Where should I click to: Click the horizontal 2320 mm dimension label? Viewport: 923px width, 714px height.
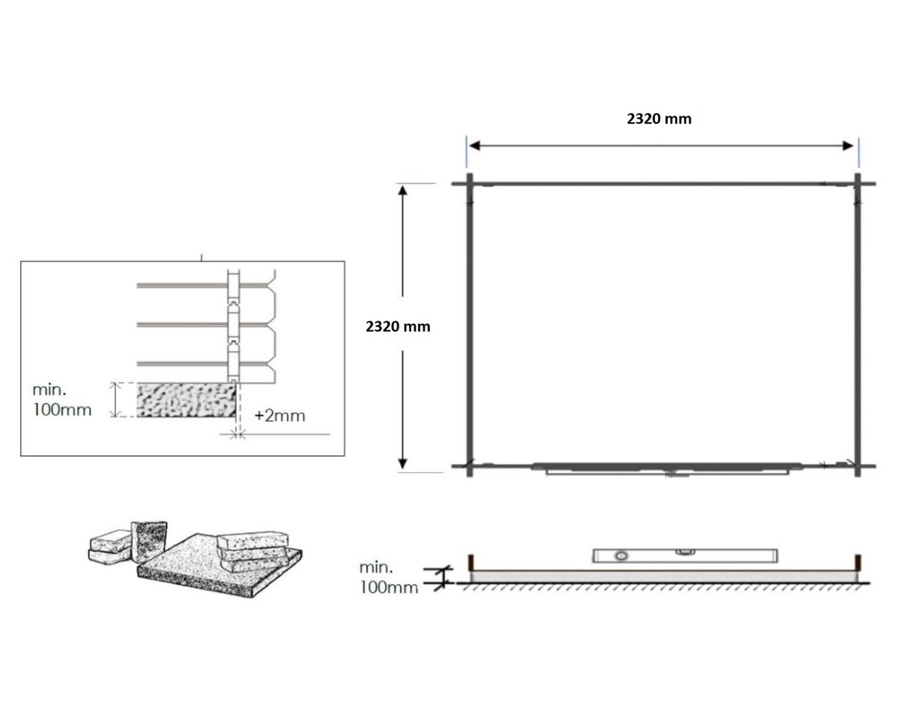tap(659, 119)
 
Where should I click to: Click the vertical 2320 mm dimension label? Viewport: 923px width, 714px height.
tap(398, 326)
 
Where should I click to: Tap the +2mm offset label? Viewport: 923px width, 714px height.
tap(280, 416)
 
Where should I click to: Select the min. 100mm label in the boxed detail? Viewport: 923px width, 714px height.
tap(62, 400)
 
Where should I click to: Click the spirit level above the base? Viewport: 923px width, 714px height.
tap(685, 556)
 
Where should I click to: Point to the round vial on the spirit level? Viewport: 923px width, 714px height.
tap(621, 556)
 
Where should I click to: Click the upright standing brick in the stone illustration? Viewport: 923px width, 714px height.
tap(149, 541)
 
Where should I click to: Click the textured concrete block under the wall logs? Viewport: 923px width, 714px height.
tap(186, 400)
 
